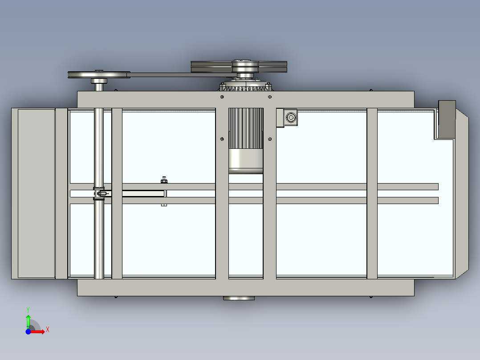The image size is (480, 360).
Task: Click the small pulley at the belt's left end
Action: point(98,74)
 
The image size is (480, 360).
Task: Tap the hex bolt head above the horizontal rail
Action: point(164,180)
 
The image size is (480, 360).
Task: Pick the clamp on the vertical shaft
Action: point(102,194)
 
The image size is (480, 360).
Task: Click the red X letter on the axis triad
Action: point(48,330)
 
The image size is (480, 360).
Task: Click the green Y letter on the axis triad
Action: point(28,309)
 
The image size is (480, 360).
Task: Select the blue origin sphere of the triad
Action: point(28,331)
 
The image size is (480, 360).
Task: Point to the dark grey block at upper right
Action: point(447,119)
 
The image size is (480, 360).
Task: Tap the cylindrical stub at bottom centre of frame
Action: point(239,298)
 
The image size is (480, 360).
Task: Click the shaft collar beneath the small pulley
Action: point(99,81)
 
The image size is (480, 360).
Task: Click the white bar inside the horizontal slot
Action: point(143,194)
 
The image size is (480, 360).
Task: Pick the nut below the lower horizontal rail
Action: point(164,205)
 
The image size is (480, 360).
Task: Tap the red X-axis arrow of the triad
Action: point(39,331)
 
